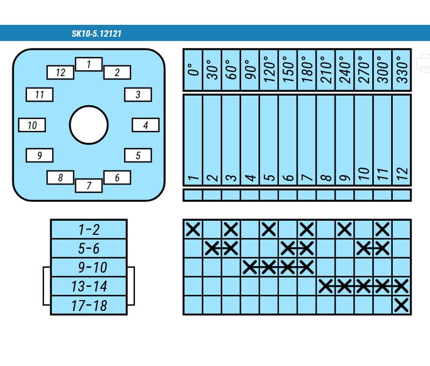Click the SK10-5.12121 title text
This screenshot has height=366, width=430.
coord(97,34)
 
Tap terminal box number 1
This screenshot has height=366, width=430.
coord(88,64)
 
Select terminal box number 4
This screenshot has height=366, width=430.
coord(146,125)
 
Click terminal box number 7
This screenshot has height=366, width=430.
coord(88,186)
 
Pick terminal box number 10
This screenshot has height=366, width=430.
coord(32,125)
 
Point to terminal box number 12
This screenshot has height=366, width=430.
coord(60,72)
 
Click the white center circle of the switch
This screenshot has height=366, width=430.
coord(89,125)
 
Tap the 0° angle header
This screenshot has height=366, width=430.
coord(193,70)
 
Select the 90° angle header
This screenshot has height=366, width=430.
coord(250,70)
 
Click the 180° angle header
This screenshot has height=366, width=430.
coord(306,70)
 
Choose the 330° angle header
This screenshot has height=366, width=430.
coord(402,70)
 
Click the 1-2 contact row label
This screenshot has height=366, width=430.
coord(89,229)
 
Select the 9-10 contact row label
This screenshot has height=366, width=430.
coord(92,267)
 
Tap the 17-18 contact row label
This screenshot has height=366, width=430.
coord(89,306)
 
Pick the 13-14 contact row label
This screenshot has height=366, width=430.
coord(89,286)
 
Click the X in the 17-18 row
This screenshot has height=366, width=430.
coord(401,305)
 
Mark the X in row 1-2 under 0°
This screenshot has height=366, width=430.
coord(193,229)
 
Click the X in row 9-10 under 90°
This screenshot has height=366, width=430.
coord(250,267)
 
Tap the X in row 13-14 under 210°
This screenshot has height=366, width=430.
coord(326,286)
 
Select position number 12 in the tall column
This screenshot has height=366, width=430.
coord(402,174)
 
